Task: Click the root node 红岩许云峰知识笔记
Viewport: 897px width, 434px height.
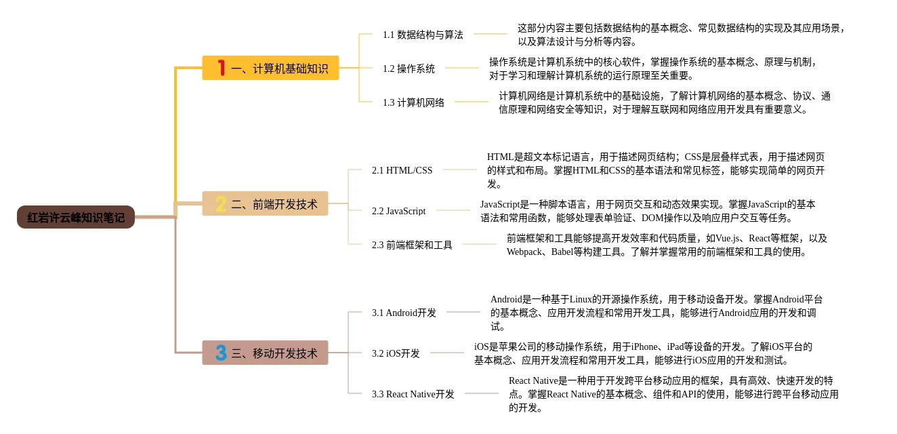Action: point(76,218)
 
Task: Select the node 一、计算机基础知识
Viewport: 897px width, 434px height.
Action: point(270,68)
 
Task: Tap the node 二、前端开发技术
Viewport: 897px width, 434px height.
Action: point(265,204)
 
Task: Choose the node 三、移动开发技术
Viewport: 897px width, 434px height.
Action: point(265,353)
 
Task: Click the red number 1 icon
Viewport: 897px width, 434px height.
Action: point(221,68)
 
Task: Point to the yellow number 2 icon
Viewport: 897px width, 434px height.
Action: point(221,203)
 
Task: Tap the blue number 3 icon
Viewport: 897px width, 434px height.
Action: point(221,353)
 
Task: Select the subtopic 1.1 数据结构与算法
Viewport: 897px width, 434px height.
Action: point(423,35)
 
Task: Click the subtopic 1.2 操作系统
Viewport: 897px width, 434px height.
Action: point(409,68)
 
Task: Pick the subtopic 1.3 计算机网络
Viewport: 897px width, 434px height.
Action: point(413,102)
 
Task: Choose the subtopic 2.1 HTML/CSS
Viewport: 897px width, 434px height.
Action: point(402,170)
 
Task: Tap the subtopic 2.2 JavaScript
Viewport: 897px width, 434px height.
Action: point(398,211)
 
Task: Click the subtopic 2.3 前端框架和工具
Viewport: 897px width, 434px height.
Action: point(412,245)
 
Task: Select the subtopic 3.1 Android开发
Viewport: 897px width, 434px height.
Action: point(404,313)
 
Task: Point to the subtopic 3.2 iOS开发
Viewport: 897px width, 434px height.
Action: point(396,353)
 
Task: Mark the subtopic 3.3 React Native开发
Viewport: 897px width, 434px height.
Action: point(413,394)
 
